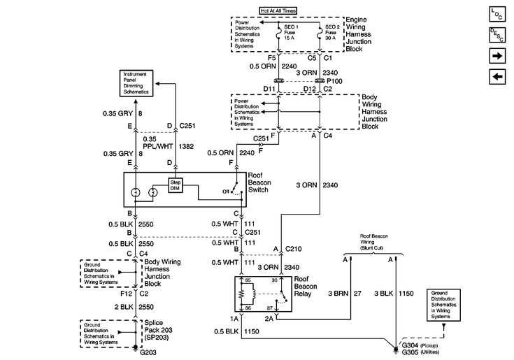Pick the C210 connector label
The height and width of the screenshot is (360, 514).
coord(293,248)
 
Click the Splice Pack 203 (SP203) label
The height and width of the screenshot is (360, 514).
coord(160,329)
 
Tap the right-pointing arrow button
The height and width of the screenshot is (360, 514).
coord(499,55)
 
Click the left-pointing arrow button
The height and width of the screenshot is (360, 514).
coord(499,76)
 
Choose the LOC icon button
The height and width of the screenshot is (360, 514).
coord(499,13)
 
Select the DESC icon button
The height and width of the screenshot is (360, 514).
coord(499,34)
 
